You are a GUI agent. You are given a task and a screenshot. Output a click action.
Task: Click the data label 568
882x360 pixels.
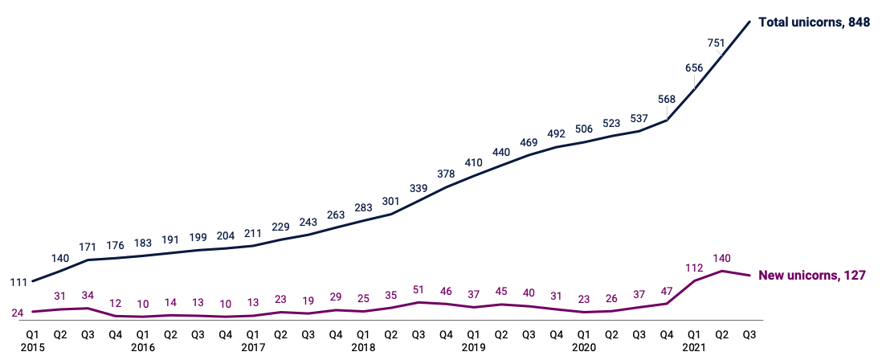tap(666, 100)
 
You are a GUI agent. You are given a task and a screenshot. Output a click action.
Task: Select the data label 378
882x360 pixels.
tap(446, 173)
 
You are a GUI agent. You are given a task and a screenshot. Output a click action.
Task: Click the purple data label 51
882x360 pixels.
tap(419, 290)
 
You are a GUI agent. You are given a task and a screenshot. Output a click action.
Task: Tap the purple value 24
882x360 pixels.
tap(17, 312)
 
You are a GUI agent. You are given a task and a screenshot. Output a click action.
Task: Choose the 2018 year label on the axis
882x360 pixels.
tap(363, 347)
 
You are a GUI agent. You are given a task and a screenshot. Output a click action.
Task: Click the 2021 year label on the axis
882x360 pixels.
tap(695, 347)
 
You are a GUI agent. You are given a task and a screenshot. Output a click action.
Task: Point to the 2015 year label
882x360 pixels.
tap(32, 347)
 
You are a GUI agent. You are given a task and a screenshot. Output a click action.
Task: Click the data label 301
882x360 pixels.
tap(391, 202)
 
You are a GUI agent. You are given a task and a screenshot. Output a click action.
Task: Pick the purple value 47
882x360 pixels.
tap(666, 292)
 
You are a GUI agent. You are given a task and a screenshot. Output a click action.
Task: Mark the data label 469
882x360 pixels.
tap(529, 142)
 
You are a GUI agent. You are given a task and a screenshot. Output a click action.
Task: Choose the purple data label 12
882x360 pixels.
tap(114, 304)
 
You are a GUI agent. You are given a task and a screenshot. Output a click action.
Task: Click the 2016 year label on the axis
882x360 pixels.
tap(142, 347)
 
